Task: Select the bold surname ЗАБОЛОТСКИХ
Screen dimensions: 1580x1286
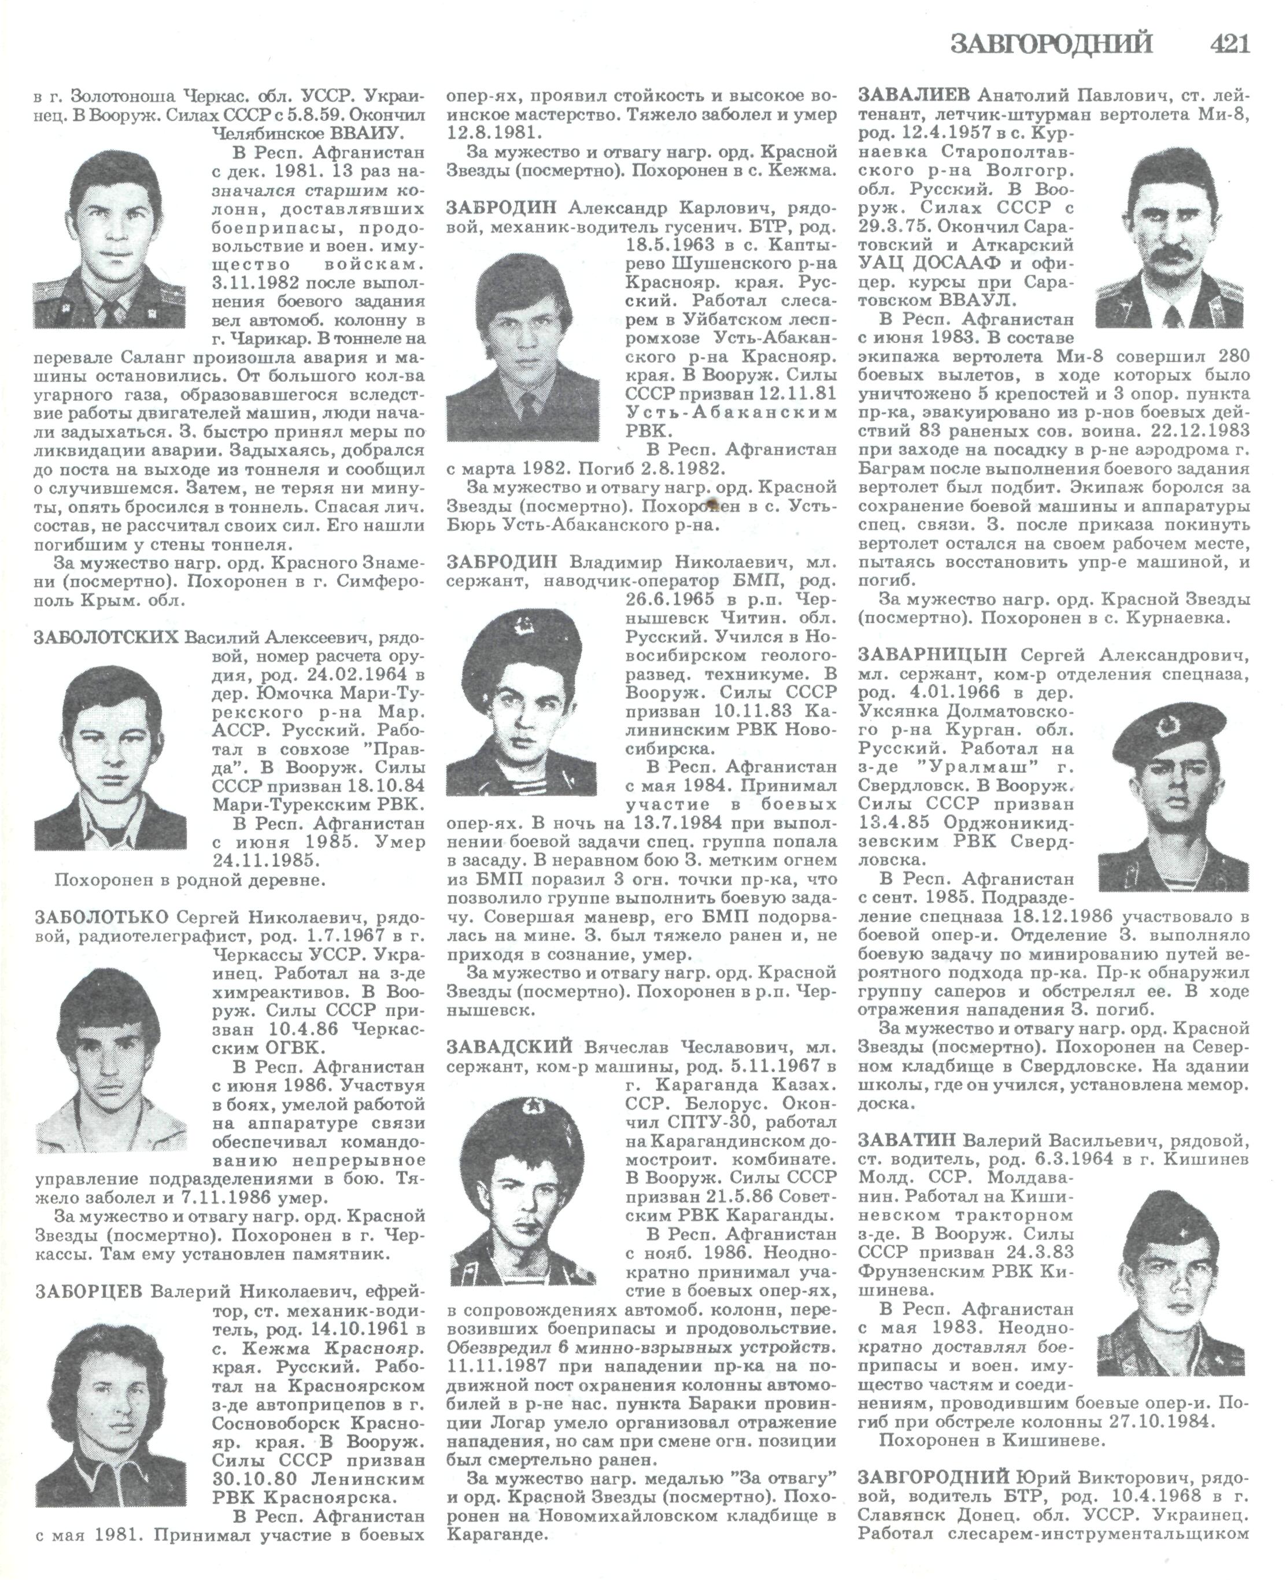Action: click(x=106, y=638)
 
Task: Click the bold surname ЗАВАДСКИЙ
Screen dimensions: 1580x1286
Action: click(x=509, y=1047)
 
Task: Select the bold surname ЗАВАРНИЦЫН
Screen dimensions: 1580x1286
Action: click(x=933, y=655)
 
